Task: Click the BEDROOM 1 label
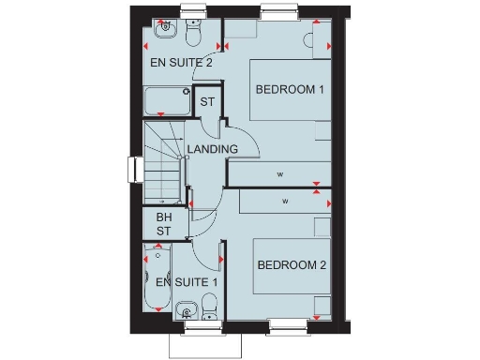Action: point(290,90)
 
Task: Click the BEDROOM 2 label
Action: point(291,265)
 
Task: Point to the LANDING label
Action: point(211,149)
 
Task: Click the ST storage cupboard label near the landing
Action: point(207,101)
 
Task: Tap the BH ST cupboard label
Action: point(165,224)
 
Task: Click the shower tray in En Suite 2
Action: point(166,100)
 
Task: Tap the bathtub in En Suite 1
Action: point(157,278)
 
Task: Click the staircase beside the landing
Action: point(163,165)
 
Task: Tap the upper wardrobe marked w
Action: point(279,174)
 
